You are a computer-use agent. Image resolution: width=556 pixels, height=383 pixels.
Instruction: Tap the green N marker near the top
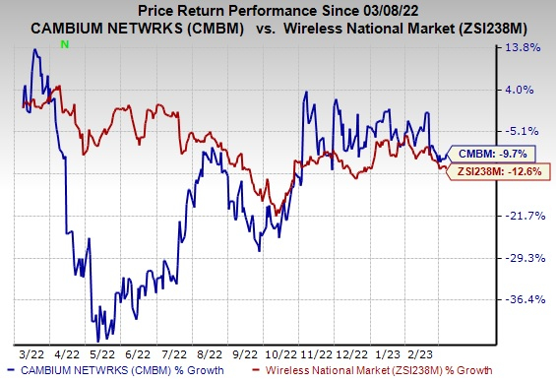click(64, 45)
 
